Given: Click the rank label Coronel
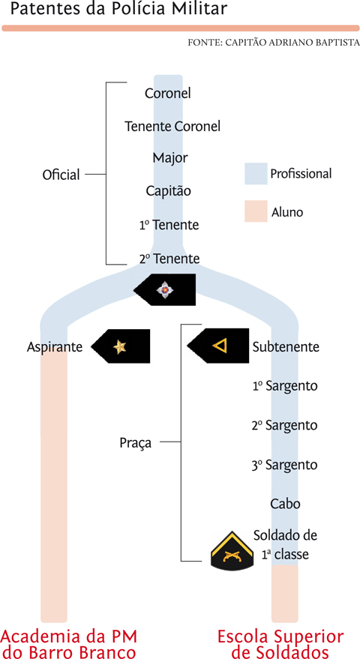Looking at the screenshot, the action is (168, 93).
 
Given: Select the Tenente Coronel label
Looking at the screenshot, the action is (172, 126).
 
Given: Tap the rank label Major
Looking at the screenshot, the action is (170, 159).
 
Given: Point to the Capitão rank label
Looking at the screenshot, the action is (168, 191).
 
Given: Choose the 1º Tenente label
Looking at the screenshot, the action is (169, 225).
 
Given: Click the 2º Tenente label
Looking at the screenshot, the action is (169, 258).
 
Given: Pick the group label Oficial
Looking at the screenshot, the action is (61, 175).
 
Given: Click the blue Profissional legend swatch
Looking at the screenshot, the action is (256, 174).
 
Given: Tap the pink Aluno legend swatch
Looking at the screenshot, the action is (256, 211).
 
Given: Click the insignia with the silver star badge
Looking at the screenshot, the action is (164, 289).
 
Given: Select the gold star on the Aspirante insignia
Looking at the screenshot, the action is (119, 346).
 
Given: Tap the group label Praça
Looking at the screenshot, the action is (136, 443).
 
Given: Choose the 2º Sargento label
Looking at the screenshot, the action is (285, 425).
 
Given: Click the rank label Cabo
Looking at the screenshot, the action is (286, 503).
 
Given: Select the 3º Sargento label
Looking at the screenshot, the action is (285, 466).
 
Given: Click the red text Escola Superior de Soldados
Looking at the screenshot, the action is (280, 644).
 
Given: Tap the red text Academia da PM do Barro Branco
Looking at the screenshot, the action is (69, 644).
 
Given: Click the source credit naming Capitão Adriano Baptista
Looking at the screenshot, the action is (273, 43).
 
